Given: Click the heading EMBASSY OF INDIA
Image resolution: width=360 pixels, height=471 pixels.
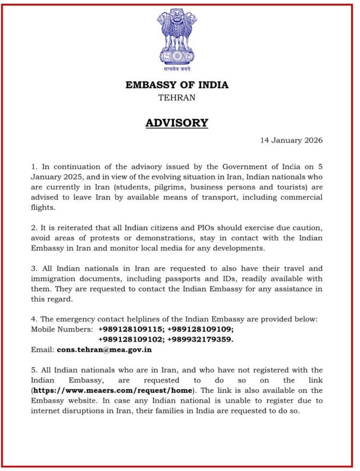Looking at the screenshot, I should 177,85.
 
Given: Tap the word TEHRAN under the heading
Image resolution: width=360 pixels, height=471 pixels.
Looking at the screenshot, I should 177,97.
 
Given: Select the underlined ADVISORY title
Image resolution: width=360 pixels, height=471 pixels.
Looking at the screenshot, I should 177,123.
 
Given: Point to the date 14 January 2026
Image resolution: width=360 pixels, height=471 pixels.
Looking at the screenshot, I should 292,140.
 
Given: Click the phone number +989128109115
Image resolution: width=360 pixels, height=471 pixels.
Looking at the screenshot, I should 131,329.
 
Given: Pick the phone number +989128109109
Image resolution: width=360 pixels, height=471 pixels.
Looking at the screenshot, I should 200,329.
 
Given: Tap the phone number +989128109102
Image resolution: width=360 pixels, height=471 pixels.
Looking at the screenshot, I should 131,339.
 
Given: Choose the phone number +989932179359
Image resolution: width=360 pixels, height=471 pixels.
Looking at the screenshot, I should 200,339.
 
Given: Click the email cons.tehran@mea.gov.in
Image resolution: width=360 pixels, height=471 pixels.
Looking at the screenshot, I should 104,350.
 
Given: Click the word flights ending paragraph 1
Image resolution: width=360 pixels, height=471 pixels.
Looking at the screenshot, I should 43,207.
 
